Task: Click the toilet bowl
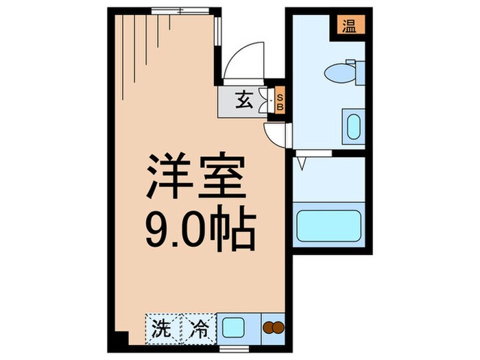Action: (339, 72)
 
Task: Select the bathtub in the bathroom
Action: (328, 224)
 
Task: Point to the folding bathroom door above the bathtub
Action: (302, 164)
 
